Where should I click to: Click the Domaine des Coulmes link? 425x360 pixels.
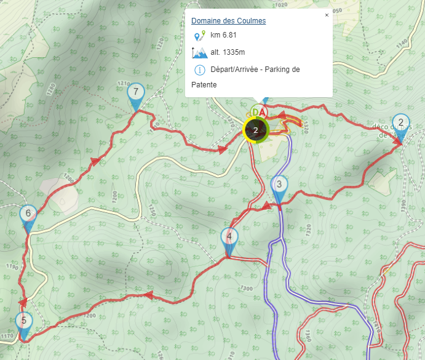(228, 21)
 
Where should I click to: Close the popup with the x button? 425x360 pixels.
(327, 15)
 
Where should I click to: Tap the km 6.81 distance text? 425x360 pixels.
(224, 36)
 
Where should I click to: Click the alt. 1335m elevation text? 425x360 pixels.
(228, 52)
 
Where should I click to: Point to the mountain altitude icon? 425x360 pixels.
(199, 52)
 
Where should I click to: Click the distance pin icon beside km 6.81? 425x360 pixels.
(199, 36)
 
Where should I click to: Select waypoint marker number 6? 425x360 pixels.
(28, 215)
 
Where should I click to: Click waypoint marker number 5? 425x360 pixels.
(23, 321)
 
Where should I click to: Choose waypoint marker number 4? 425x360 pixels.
(229, 237)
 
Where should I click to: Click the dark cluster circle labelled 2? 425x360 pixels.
(255, 130)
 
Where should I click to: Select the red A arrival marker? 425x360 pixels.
(262, 112)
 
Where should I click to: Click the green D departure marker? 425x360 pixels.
(254, 112)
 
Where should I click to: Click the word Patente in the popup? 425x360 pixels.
(204, 84)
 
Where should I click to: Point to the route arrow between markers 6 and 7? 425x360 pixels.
(95, 161)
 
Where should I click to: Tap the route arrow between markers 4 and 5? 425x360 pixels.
(148, 295)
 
